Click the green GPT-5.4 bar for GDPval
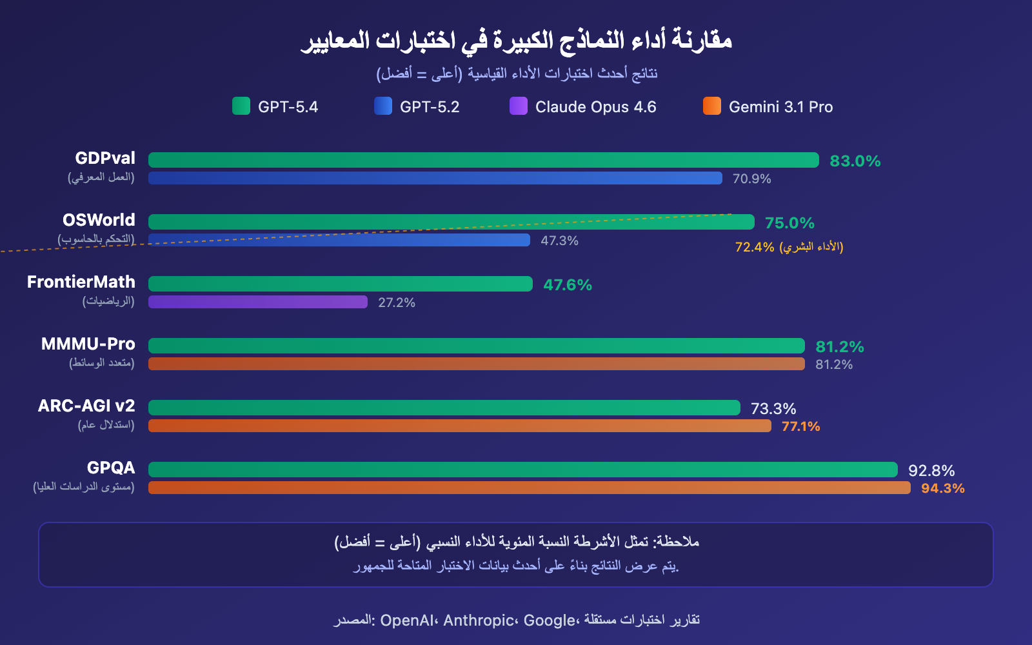pos(484,160)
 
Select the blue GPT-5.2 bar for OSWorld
pos(339,240)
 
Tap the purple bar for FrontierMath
pos(258,302)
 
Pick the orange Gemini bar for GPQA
pos(529,488)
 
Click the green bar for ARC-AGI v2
pos(444,408)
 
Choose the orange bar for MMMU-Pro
pos(477,364)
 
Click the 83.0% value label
pos(855,161)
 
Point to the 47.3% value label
pos(559,241)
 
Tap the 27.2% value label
pos(397,303)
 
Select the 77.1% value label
pos(800,426)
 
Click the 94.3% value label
pos(942,488)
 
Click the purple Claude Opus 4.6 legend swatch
pos(519,106)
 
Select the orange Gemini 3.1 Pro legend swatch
pos(712,106)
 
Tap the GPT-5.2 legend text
pos(430,107)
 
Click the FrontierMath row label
pos(81,282)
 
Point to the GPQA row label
pos(111,468)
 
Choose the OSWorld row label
pos(99,220)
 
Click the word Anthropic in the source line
pos(479,620)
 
